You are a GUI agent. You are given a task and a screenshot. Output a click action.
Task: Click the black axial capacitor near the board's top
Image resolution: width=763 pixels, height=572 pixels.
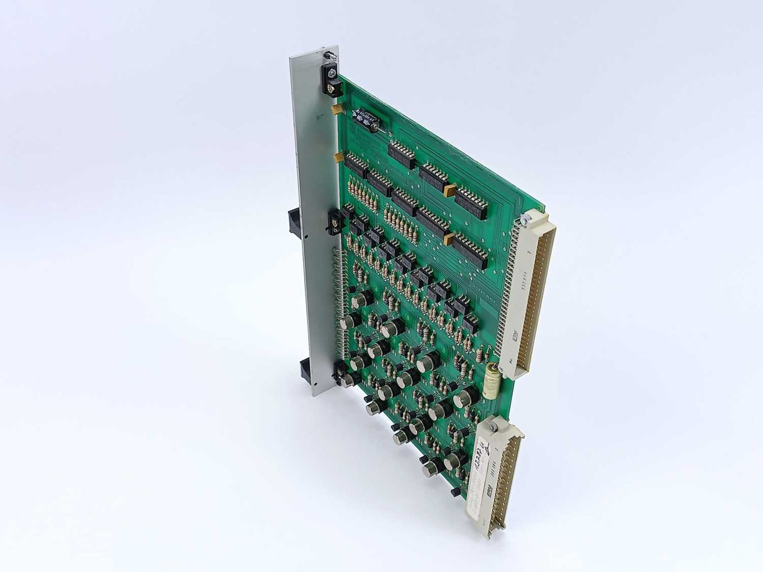point(365,118)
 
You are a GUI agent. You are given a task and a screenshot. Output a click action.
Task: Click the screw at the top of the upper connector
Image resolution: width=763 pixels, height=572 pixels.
point(524,219)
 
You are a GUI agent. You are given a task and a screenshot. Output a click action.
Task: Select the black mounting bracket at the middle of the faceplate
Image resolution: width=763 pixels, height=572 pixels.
point(334,221)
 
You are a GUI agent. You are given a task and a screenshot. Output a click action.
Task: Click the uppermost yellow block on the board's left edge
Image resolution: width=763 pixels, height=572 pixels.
point(338,109)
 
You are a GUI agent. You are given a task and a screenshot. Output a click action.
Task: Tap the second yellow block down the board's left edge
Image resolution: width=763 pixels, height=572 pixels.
point(339,157)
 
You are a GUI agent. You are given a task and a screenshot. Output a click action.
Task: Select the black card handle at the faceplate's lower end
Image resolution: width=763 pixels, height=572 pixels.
point(306,370)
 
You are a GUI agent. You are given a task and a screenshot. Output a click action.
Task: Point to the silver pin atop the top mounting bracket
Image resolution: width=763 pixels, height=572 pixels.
point(327,57)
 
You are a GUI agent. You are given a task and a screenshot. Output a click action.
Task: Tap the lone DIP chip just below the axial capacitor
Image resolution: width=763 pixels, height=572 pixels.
point(402,154)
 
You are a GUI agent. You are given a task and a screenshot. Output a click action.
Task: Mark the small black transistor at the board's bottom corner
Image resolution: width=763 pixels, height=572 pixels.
point(455,492)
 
